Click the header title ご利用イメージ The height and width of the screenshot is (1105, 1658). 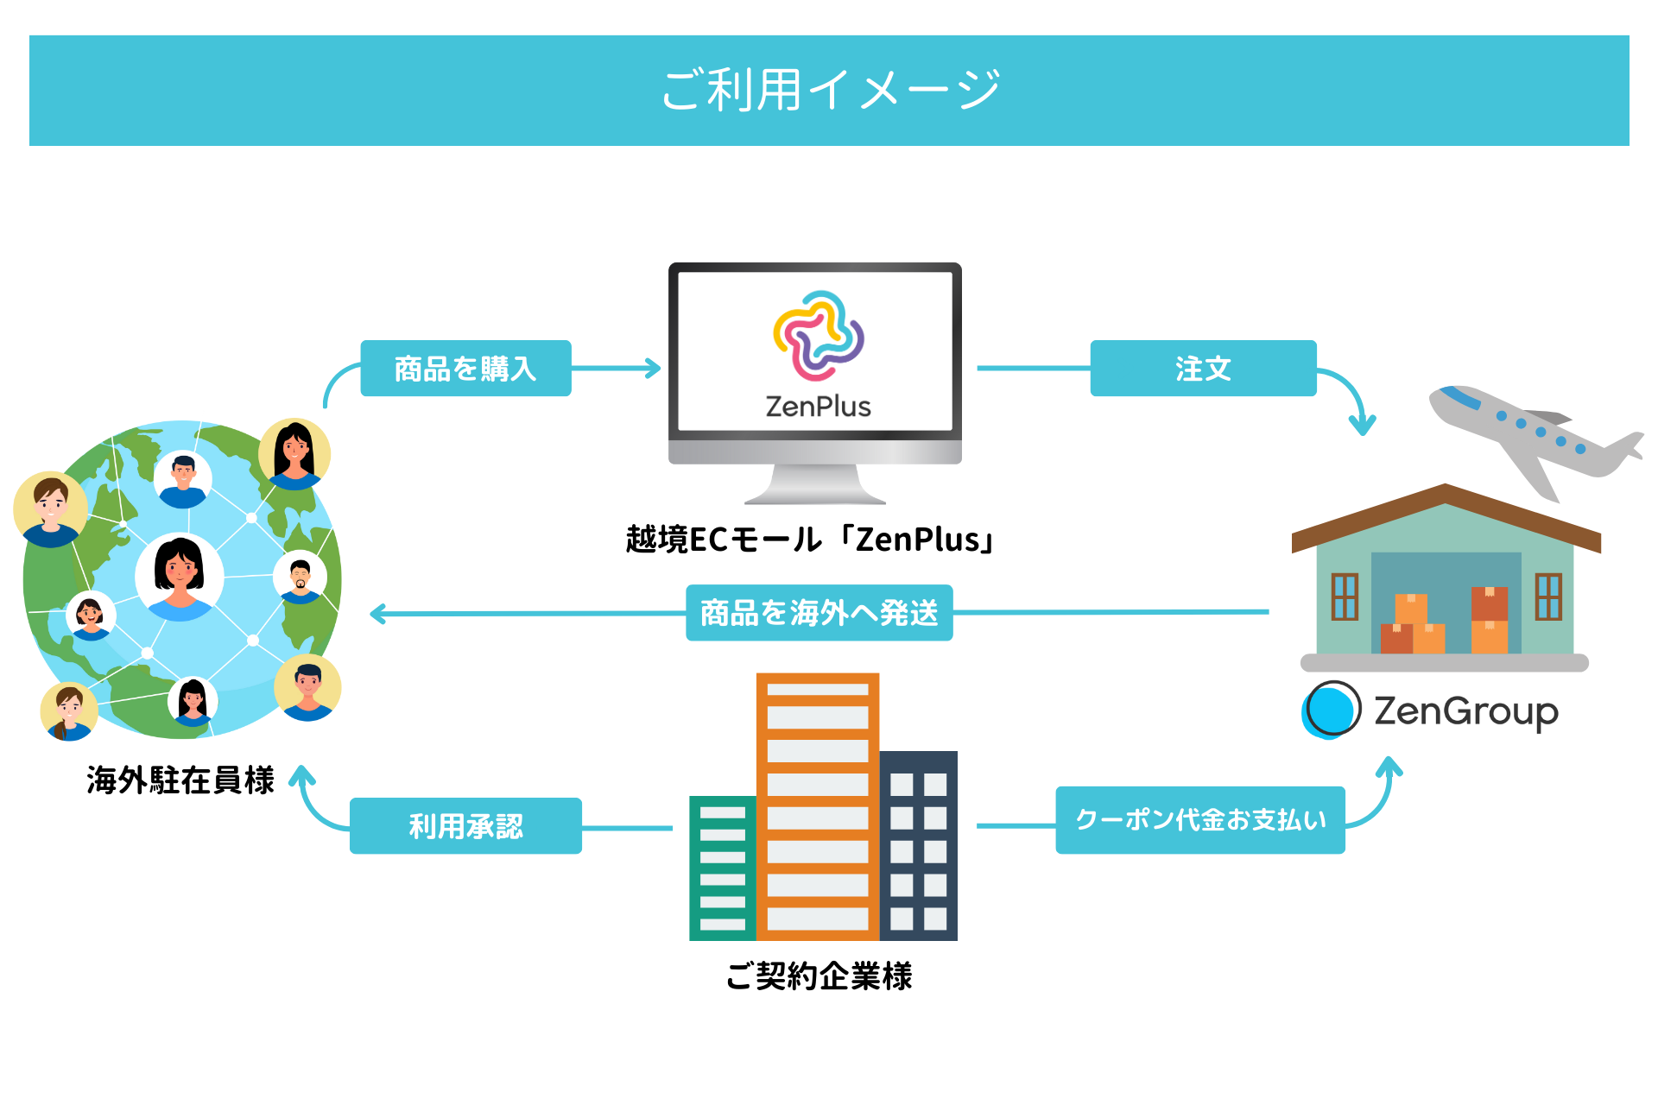[x=830, y=90]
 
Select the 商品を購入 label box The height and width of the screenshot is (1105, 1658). [x=465, y=369]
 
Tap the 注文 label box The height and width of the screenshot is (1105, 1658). [x=1203, y=369]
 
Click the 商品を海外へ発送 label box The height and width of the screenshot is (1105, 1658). [x=819, y=613]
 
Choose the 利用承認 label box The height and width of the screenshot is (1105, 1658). [x=465, y=826]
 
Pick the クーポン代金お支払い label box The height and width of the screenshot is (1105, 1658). [x=1200, y=820]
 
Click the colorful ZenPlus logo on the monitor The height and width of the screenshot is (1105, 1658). [x=818, y=336]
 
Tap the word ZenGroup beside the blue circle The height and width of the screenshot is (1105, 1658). [x=1466, y=711]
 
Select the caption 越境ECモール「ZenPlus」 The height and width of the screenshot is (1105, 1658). [x=811, y=540]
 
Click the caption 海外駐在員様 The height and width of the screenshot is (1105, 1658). [x=180, y=780]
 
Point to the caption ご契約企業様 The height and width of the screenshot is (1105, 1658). [x=819, y=976]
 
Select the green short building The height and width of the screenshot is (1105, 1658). [x=722, y=868]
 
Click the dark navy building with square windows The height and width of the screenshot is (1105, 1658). [x=919, y=846]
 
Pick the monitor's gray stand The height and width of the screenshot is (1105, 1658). [x=815, y=484]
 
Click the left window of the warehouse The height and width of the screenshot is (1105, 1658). [x=1345, y=597]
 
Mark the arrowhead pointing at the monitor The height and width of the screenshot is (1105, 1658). [x=653, y=369]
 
